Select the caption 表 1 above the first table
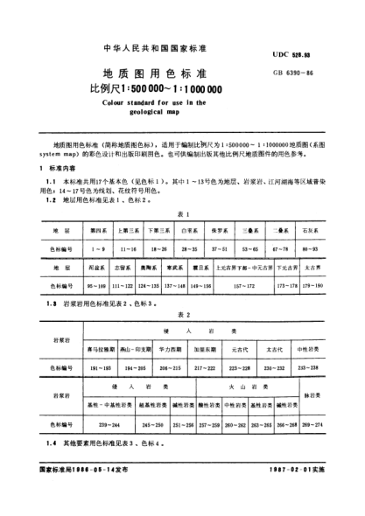183,213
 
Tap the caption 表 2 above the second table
183,311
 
